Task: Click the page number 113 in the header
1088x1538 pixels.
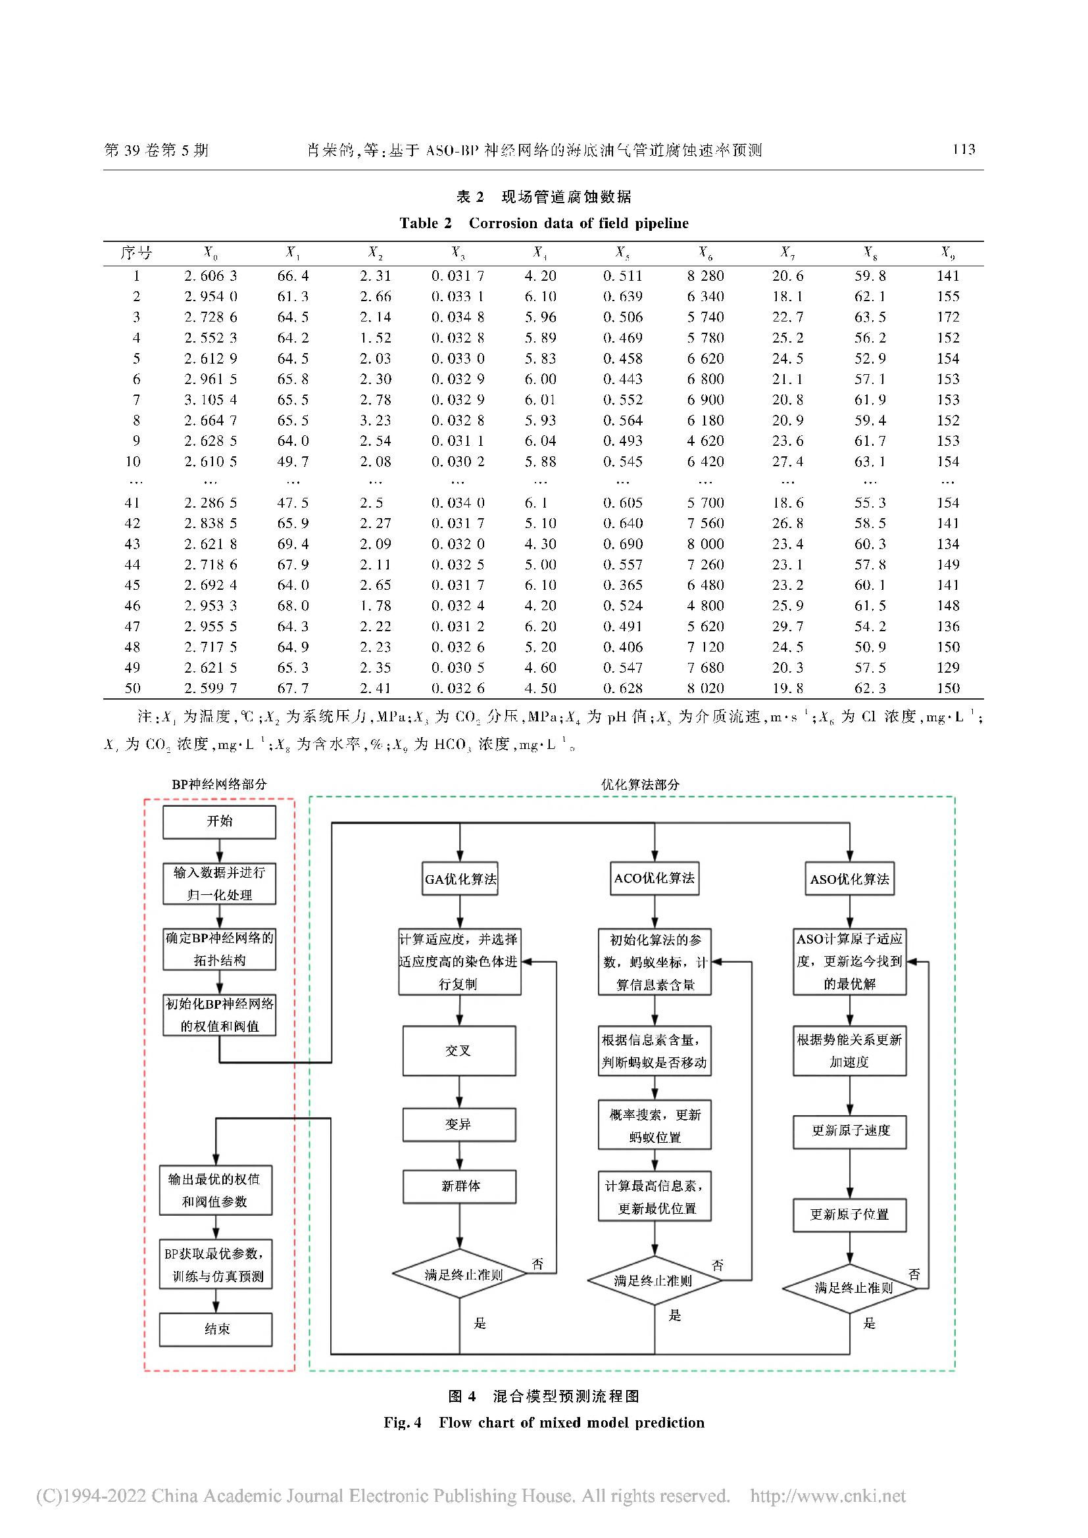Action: click(x=964, y=149)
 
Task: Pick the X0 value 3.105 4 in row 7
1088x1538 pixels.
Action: click(x=210, y=400)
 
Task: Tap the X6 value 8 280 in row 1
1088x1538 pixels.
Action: click(x=705, y=276)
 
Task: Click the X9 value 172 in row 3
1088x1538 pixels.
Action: click(x=947, y=318)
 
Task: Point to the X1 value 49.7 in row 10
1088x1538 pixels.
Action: click(x=293, y=462)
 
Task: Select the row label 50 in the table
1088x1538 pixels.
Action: click(x=133, y=688)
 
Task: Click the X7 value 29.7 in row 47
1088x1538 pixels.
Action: click(x=787, y=627)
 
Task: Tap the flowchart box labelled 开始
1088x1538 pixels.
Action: click(x=219, y=821)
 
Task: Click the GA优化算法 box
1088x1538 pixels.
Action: click(x=460, y=879)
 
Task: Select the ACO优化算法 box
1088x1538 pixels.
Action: click(x=655, y=878)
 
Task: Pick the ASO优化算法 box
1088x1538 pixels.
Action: click(x=849, y=879)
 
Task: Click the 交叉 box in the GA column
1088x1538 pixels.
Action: click(x=459, y=1051)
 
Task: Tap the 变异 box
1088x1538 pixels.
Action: click(x=459, y=1124)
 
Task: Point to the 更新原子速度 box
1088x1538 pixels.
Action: click(x=849, y=1131)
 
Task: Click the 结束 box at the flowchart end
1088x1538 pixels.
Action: click(x=216, y=1329)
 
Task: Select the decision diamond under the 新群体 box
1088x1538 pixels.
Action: click(x=460, y=1274)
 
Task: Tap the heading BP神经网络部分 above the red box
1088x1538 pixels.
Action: click(x=219, y=784)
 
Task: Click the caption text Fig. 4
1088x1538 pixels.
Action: click(x=402, y=1423)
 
